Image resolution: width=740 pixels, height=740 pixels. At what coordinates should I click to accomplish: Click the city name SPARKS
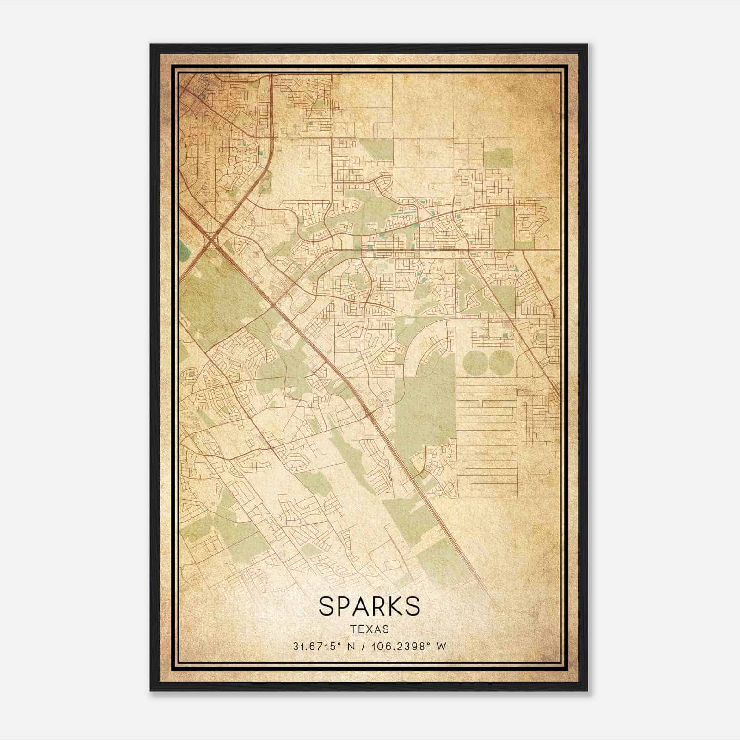click(369, 606)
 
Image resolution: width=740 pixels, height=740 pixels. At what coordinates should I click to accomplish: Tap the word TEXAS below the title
click(369, 629)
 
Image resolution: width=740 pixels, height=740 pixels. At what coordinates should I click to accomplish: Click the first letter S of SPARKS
click(326, 606)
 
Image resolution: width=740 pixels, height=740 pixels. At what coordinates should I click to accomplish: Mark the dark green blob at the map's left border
click(184, 251)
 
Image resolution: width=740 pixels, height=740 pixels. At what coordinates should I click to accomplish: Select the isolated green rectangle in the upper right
click(498, 158)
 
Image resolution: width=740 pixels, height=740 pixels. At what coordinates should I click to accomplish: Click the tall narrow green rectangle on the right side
click(504, 227)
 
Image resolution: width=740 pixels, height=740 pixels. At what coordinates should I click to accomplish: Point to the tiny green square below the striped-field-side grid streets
click(505, 334)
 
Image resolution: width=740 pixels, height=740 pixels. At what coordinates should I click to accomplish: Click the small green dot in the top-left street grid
click(203, 96)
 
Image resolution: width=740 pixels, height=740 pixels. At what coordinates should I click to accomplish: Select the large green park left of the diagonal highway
click(208, 296)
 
